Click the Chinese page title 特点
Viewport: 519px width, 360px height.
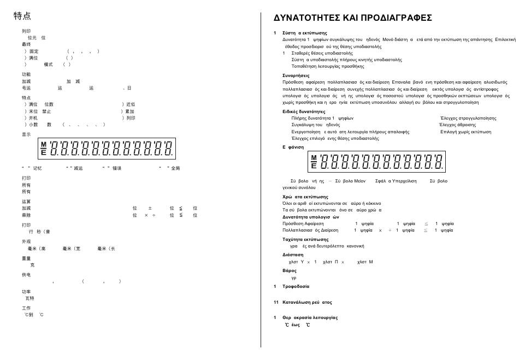22,16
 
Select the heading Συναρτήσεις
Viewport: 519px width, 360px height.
296,75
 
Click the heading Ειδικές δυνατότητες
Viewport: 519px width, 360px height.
304,111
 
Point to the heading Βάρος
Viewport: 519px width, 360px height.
290,270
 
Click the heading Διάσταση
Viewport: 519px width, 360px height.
293,255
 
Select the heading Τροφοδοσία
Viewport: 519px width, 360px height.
296,286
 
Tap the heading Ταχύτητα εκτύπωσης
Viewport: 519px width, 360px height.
305,239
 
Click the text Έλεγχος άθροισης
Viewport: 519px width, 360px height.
458,125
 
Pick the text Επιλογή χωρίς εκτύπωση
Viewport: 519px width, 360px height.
465,132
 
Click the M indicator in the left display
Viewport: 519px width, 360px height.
43,144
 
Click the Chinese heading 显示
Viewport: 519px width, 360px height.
26,134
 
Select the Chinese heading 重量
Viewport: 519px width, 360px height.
26,258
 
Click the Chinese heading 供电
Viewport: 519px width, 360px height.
26,275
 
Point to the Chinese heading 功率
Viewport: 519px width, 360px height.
26,292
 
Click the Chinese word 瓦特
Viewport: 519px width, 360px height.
30,298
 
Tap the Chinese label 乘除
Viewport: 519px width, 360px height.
26,215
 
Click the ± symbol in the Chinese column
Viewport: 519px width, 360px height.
150,208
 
